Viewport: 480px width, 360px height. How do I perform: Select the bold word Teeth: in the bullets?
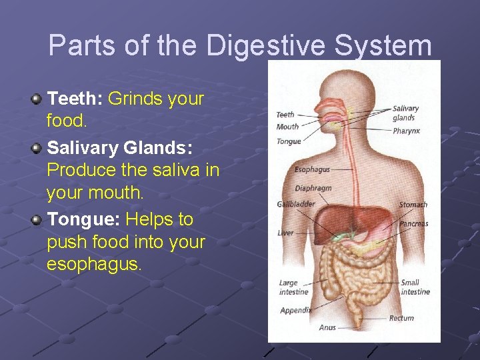75,99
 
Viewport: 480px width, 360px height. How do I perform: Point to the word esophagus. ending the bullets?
94,265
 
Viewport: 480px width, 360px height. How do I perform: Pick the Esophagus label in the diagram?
312,170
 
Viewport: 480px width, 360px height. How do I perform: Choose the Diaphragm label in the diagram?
313,189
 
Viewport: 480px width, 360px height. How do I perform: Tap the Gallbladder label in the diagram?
296,204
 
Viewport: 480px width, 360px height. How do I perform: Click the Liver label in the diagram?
285,233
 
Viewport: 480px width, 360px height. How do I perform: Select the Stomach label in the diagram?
413,205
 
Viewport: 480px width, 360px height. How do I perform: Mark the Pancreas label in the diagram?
413,224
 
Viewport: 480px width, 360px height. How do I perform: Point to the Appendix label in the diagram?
295,311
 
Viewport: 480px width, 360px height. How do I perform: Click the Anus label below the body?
327,328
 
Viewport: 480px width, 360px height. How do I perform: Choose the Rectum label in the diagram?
401,318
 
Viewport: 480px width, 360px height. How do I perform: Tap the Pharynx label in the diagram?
406,131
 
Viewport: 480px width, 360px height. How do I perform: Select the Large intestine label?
293,287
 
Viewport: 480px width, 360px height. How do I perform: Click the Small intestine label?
415,287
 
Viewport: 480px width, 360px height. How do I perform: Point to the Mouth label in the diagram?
287,127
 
